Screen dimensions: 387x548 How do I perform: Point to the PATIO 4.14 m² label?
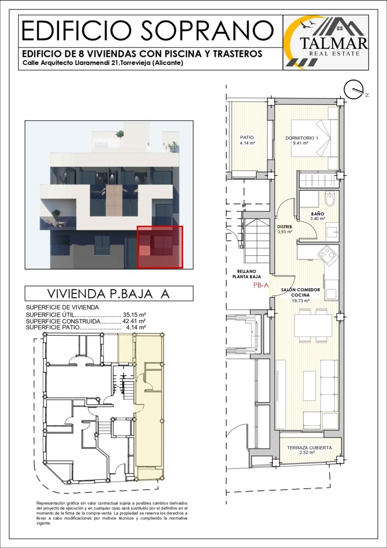[247, 140]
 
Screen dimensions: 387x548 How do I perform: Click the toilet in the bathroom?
[329, 200]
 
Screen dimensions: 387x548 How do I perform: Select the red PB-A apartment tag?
[261, 285]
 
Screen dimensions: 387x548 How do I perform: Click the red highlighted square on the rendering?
[160, 247]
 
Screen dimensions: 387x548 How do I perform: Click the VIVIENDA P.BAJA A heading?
[108, 294]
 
